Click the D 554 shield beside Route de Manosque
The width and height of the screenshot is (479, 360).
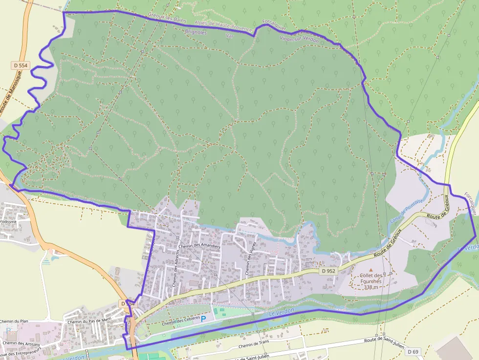coord(20,65)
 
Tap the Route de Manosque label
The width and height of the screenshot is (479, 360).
coord(11,92)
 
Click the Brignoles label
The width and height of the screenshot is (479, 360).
coord(196,33)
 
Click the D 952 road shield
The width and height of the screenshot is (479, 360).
coord(329,271)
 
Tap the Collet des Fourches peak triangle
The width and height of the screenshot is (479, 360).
coord(370,270)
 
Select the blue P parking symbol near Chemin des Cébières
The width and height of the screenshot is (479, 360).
coord(204,319)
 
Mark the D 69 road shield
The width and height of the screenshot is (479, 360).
coord(413,352)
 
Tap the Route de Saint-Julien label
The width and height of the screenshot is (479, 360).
coord(385,341)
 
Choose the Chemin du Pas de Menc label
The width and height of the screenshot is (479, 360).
coord(90,319)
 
